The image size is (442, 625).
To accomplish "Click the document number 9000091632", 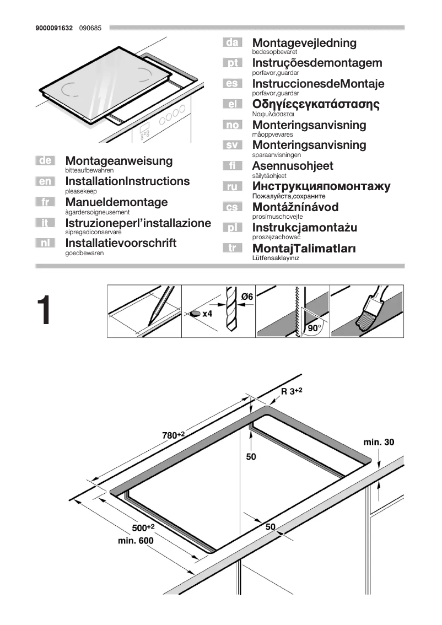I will coord(54,28).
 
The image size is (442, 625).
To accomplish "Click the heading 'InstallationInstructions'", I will coord(127,181).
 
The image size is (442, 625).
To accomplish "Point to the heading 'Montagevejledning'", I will coord(304,43).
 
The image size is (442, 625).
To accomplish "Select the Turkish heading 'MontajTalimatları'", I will coord(304,249).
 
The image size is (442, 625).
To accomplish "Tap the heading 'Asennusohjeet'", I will coord(293,166).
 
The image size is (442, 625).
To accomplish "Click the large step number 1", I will coord(52,311).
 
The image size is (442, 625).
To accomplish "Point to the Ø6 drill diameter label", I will coord(246,297).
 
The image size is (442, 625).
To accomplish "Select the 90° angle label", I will coord(315,328).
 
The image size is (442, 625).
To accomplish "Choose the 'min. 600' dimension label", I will coord(136,541).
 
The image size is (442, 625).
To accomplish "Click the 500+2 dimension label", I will coord(143,528).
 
